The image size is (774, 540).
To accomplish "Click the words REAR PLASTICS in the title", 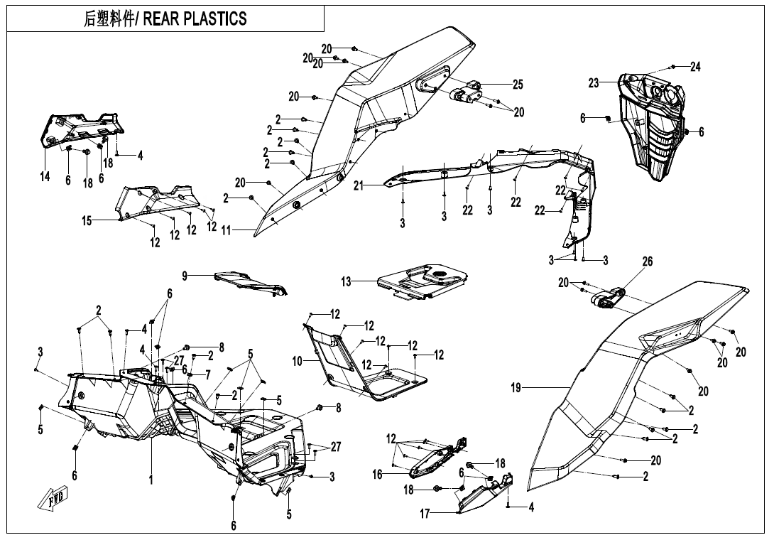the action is pos(195,18).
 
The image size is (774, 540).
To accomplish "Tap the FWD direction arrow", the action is pos(53,497).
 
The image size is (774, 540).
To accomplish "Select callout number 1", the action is pos(151,479).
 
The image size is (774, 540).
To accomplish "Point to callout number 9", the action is pos(185,276).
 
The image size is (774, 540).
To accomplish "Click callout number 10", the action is pos(297,362).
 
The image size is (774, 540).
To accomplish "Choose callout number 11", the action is pos(226,231).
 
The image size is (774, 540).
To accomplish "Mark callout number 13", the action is pos(346,281).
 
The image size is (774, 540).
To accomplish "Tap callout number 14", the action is pos(45,176).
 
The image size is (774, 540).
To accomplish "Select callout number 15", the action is pos(87,221).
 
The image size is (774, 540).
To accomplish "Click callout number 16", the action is pos(378,475).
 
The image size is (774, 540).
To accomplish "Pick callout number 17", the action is pos(425,514).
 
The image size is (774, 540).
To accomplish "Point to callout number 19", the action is pos(516,388).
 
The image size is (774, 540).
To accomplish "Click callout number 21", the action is pos(359,185).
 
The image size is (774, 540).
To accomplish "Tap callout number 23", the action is pos(594,83).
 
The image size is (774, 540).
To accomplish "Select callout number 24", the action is pos(695,66).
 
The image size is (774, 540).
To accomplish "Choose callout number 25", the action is pos(518,85).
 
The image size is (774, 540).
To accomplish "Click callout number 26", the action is pos(647,261).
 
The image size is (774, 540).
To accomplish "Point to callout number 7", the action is pos(208,375).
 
